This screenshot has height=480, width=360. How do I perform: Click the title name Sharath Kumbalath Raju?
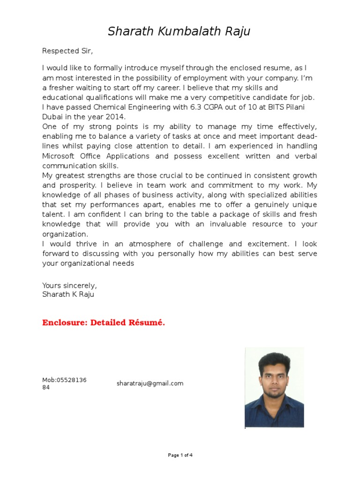tap(180, 31)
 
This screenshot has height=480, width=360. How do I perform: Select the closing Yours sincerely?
tap(69, 285)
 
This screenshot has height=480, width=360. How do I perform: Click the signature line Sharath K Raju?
tap(68, 294)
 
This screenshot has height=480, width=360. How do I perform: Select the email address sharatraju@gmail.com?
tap(150, 383)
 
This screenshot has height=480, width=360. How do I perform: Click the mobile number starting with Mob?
tap(64, 383)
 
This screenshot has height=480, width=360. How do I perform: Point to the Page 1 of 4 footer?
tap(180, 455)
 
